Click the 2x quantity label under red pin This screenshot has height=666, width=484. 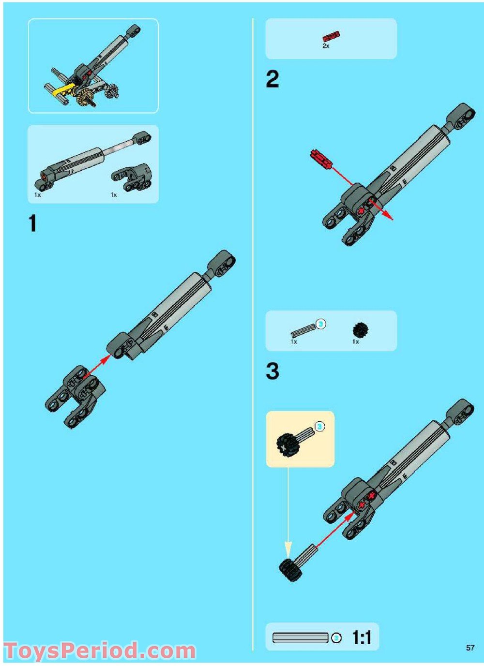326,46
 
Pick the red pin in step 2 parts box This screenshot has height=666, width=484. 331,36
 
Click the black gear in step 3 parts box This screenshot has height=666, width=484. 360,330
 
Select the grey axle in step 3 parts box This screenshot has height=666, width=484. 303,330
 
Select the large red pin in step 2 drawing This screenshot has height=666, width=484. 321,159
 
